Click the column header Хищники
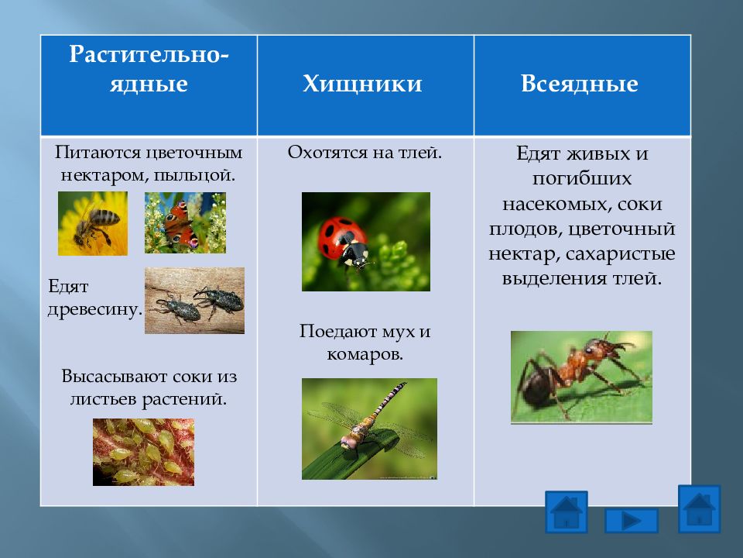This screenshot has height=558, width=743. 362,84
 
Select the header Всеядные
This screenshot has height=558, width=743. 580,84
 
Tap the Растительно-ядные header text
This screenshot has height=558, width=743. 149,69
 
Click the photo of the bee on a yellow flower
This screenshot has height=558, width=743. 93,223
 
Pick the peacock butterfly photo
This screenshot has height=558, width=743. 185,222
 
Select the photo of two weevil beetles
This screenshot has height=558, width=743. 195,301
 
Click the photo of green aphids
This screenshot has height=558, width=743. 144,452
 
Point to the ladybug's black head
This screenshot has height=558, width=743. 357,255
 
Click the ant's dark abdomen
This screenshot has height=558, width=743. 537,384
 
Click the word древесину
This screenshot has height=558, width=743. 94,309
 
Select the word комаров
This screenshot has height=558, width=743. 365,354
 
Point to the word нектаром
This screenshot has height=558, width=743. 103,176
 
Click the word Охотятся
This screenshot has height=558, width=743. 327,153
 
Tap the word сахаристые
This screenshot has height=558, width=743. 620,254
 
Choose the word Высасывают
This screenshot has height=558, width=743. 114,377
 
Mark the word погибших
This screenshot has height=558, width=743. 582,179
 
